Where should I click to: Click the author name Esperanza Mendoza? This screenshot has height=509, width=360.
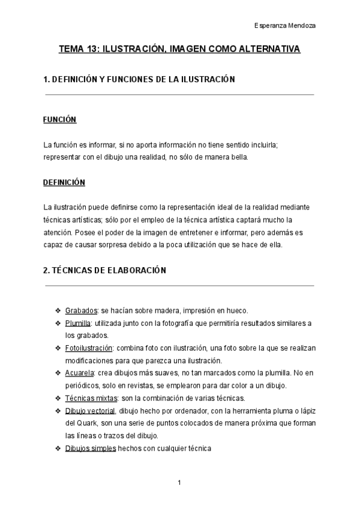[x=285, y=26]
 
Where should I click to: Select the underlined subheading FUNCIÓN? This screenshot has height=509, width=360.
[x=60, y=119]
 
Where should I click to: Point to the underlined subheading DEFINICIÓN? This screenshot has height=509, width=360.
[x=64, y=182]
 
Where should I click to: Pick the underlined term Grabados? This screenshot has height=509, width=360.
[x=82, y=310]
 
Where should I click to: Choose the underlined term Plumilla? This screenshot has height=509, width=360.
[x=77, y=323]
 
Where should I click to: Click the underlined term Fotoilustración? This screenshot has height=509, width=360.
[x=89, y=348]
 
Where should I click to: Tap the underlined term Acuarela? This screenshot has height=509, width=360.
[x=79, y=373]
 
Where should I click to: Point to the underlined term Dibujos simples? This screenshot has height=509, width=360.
[x=91, y=448]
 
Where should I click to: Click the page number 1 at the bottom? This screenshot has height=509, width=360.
[x=179, y=482]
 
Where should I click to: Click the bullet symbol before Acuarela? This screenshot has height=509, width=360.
[x=58, y=373]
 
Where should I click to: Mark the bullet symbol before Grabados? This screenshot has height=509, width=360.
[x=58, y=310]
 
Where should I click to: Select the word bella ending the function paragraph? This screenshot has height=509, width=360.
[x=237, y=157]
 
